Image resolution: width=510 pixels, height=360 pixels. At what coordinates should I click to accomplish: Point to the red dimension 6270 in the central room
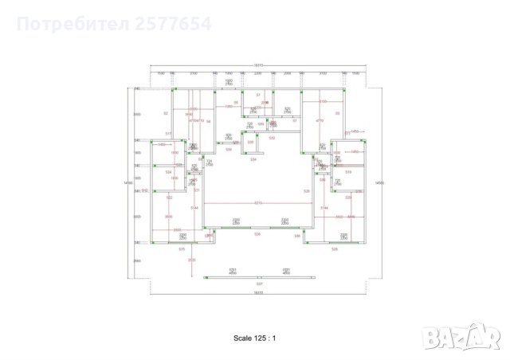[x=257, y=202]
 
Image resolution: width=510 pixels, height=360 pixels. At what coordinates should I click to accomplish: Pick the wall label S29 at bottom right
[x=334, y=249]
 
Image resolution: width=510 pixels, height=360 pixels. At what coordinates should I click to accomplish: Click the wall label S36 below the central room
[x=257, y=234]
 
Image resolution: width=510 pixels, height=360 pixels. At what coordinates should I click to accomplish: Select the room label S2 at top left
[x=166, y=114]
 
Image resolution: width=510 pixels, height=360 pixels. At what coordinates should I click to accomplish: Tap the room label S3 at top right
[x=338, y=114]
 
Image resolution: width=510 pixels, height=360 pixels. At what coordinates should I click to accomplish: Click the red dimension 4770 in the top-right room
[x=319, y=119]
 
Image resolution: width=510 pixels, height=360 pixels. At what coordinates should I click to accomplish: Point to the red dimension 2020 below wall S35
[x=190, y=260]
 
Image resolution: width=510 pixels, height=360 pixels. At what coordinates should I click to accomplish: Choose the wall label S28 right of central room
[x=307, y=191]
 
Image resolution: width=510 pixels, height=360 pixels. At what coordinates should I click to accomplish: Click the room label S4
[x=208, y=121]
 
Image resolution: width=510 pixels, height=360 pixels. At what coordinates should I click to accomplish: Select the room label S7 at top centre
[x=258, y=95]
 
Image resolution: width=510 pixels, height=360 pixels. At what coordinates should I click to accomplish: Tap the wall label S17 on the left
[x=168, y=132]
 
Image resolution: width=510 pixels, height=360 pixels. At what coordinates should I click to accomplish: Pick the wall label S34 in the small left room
[x=168, y=172]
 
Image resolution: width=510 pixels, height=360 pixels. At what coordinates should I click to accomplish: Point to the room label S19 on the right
[x=348, y=172]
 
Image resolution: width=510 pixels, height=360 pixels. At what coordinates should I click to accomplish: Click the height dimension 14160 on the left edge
[x=127, y=183]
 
